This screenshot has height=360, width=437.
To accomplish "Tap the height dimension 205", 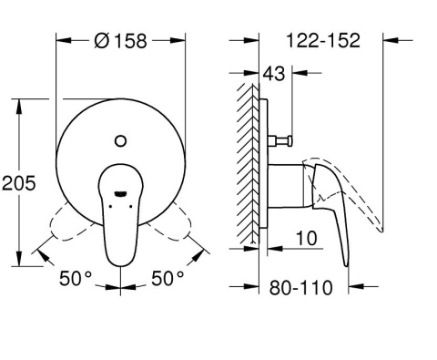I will [x=19, y=183].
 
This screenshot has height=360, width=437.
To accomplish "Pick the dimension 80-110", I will [x=301, y=288].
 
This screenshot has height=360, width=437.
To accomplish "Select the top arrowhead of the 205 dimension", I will [x=19, y=104].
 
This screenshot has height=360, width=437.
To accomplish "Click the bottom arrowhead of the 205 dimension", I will [x=19, y=263].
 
